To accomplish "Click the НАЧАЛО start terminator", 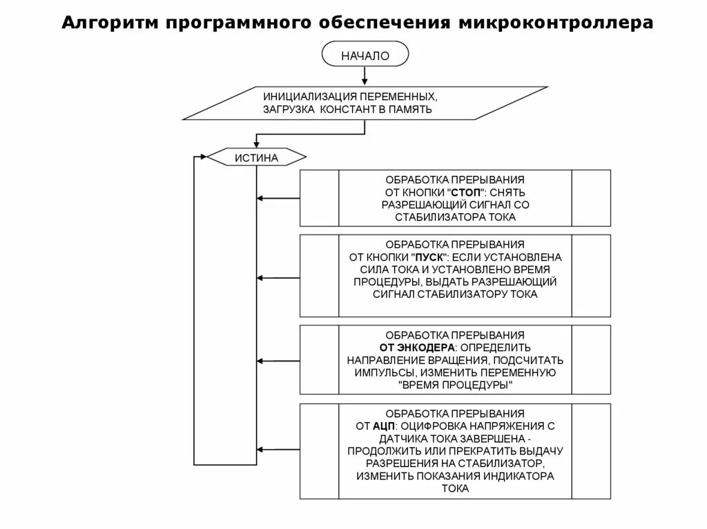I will click(x=365, y=56).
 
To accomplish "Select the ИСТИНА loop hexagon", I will click(x=256, y=158).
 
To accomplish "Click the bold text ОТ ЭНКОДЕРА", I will click(x=416, y=347).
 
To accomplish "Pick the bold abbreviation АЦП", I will click(x=384, y=426).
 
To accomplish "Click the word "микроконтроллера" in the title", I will click(x=554, y=23).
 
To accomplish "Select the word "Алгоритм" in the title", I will click(x=109, y=23).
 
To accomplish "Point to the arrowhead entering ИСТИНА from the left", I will click(x=202, y=157).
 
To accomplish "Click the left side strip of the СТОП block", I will click(x=319, y=198).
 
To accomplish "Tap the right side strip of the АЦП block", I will click(x=591, y=451).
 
